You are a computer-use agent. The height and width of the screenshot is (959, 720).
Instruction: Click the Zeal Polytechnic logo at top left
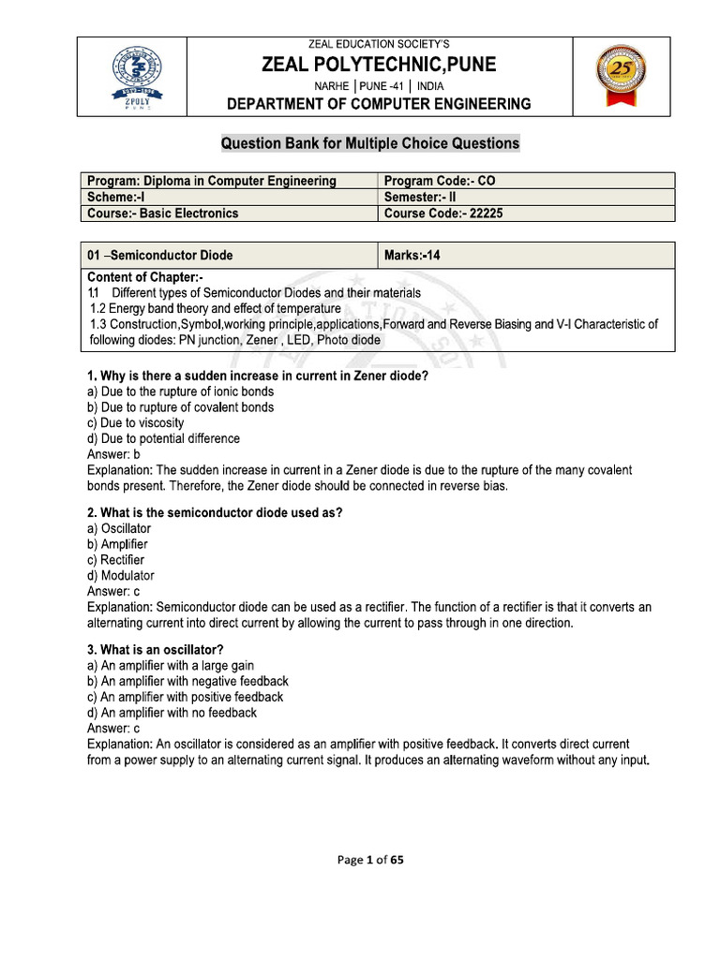click(x=131, y=77)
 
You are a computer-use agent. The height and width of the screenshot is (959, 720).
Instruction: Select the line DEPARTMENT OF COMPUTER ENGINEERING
click(x=379, y=104)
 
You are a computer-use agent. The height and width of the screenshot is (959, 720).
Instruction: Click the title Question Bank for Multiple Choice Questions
click(x=369, y=143)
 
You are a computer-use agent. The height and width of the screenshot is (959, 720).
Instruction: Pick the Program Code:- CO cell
click(x=440, y=181)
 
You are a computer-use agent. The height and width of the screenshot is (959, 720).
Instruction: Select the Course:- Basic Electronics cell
click(x=163, y=213)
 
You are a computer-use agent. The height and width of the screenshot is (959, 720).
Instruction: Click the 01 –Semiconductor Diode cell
click(x=160, y=255)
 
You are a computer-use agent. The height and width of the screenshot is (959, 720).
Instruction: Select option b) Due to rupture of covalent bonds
click(x=180, y=407)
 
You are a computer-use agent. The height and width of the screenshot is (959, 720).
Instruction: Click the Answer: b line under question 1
click(x=113, y=454)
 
